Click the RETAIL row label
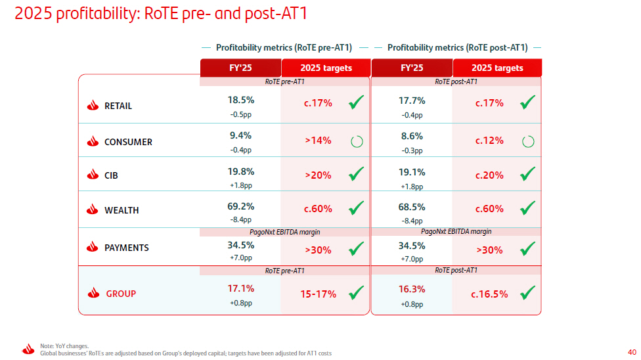pos(118,106)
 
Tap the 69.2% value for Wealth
pos(241,206)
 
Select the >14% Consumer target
pos(318,141)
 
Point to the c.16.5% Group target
pos(489,294)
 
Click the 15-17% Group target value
pos(318,294)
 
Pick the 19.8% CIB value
pos(241,171)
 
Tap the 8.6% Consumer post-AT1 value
pos(412,136)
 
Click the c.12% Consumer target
pos(489,141)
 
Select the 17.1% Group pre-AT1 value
pos(241,288)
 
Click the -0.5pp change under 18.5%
pos(241,114)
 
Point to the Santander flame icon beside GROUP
pos(94,293)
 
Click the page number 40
pos(632,352)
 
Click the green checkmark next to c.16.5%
pos(528,292)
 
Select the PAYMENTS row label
pos(127,248)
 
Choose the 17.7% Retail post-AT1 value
pos(412,101)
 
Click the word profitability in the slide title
pos(97,14)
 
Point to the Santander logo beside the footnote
pos(28,349)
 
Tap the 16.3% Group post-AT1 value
pos(412,289)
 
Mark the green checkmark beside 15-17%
pos(356,292)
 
